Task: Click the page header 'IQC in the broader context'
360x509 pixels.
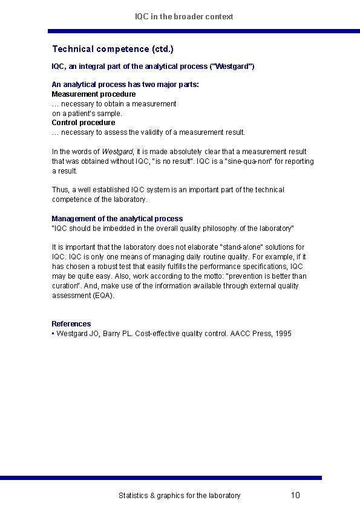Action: pyautogui.click(x=184, y=16)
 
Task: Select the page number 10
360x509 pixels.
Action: pyautogui.click(x=295, y=495)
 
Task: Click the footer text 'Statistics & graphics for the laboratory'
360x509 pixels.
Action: pyautogui.click(x=179, y=496)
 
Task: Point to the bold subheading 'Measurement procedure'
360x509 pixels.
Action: pyautogui.click(x=94, y=94)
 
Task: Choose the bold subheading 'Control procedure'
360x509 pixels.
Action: pyautogui.click(x=83, y=123)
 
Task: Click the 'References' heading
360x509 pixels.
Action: pyautogui.click(x=71, y=324)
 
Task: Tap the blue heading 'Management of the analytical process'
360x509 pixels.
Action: pyautogui.click(x=117, y=219)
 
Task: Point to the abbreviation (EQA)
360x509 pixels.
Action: pyautogui.click(x=104, y=296)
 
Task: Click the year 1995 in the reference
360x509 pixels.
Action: pyautogui.click(x=283, y=334)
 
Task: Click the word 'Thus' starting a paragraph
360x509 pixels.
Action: pyautogui.click(x=60, y=190)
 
